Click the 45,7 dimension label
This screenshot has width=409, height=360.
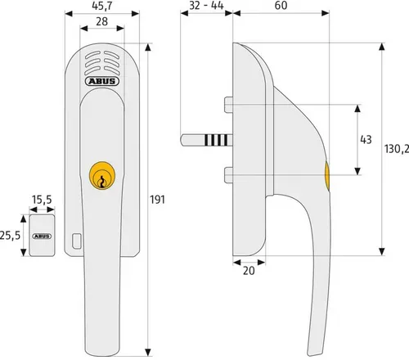pos(102,6)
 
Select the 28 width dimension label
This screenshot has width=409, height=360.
pos(102,21)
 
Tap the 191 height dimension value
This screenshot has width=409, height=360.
pos(158,200)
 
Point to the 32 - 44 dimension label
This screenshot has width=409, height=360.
pos(206,6)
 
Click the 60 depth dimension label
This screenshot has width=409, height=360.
pos(281,6)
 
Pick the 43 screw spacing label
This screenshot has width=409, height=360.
pos(366,140)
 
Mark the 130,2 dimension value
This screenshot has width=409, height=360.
pos(397,149)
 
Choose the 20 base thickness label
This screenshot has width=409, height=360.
pos(249,271)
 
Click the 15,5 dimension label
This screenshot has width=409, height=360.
pos(42,200)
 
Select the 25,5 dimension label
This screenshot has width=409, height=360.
pos(11,236)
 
